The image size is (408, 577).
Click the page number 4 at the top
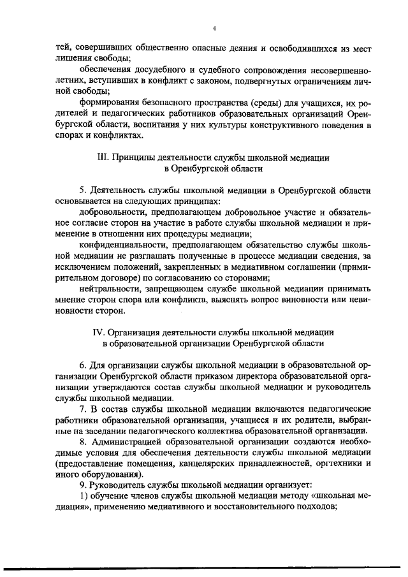click(x=215, y=29)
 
